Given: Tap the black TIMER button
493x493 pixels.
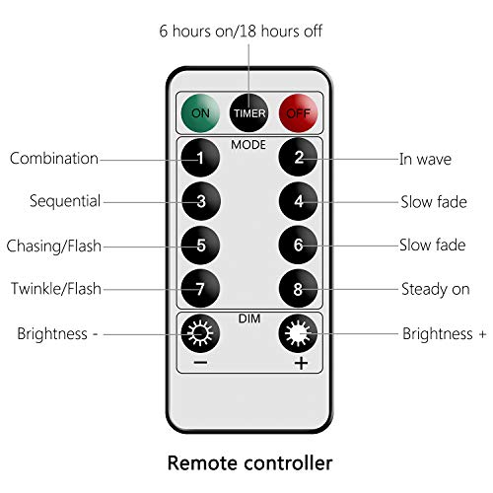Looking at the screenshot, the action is [x=248, y=113].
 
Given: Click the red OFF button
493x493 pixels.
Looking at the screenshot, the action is [x=298, y=113].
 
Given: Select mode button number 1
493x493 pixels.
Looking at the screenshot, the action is [x=200, y=158].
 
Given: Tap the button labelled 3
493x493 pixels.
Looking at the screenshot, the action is [x=201, y=201].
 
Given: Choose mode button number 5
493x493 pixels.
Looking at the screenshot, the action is [x=200, y=245].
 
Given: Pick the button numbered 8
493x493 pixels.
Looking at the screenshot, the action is [x=298, y=289].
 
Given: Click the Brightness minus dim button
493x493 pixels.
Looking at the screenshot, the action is [x=200, y=333].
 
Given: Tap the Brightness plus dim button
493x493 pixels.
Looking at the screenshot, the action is [x=298, y=333].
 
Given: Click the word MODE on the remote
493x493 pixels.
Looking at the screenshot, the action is [x=248, y=145].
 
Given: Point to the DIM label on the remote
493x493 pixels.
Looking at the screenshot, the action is [x=249, y=318].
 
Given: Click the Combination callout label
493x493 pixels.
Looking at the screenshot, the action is [x=54, y=159].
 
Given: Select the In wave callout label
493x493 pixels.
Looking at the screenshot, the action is [x=425, y=159].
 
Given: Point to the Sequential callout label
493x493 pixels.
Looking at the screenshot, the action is [x=65, y=201].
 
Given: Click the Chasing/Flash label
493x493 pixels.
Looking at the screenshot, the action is [x=54, y=246].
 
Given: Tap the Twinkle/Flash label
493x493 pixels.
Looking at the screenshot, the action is [x=56, y=289].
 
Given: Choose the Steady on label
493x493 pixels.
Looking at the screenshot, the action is [x=436, y=290].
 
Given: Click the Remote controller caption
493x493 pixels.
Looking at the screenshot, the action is [x=250, y=462].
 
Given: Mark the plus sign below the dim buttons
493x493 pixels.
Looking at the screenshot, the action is [x=301, y=363].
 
